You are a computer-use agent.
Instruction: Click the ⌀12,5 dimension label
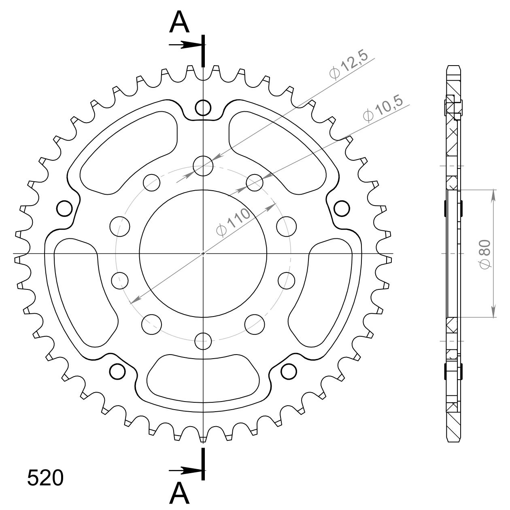point(348,65)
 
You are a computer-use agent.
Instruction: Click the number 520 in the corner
point(45,478)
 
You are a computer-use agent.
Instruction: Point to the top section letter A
point(179,22)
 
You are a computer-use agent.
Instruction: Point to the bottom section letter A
point(179,493)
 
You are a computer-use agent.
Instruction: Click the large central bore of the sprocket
point(203,253)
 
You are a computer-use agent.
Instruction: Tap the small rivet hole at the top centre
point(203,108)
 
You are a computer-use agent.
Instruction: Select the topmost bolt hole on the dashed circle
point(203,166)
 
